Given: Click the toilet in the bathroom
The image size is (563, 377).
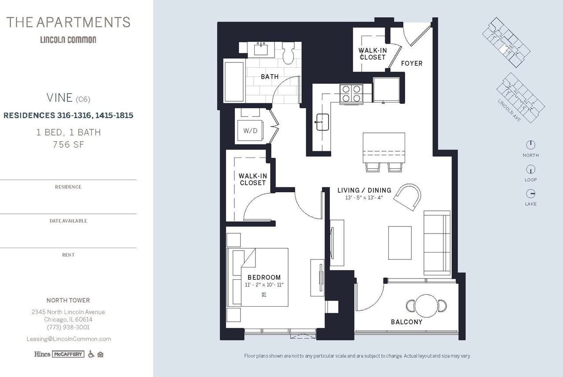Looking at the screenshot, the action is (288, 53).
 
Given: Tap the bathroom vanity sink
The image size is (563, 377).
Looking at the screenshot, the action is (261, 49).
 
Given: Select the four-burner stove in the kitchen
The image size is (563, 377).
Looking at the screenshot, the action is (351, 94).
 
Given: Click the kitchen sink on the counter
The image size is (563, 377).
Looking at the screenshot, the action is (322, 122).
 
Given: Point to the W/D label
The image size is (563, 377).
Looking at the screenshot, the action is (250, 131).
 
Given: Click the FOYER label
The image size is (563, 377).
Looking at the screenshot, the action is (412, 63).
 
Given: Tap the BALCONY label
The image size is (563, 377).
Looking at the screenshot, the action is (407, 322).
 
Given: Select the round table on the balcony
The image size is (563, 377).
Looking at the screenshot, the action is (426, 306).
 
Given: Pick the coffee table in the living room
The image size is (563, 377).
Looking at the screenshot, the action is (400, 243).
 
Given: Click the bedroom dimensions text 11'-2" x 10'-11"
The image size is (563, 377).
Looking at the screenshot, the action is (264, 285).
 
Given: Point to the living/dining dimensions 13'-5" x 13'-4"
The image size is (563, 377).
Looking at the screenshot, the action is (364, 198).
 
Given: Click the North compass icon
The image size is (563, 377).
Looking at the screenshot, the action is (530, 145).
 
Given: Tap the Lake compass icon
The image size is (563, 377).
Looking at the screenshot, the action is (530, 194).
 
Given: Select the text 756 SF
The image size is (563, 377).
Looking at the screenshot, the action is (68, 145).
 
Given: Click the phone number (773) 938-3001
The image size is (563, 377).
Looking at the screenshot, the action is (68, 327).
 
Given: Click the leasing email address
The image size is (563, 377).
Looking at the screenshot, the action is (69, 339).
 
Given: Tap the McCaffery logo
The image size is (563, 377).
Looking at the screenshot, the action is (68, 354).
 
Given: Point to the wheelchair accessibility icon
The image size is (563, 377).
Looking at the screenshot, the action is (91, 354).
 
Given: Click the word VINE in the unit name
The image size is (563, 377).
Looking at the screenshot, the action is (59, 98).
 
